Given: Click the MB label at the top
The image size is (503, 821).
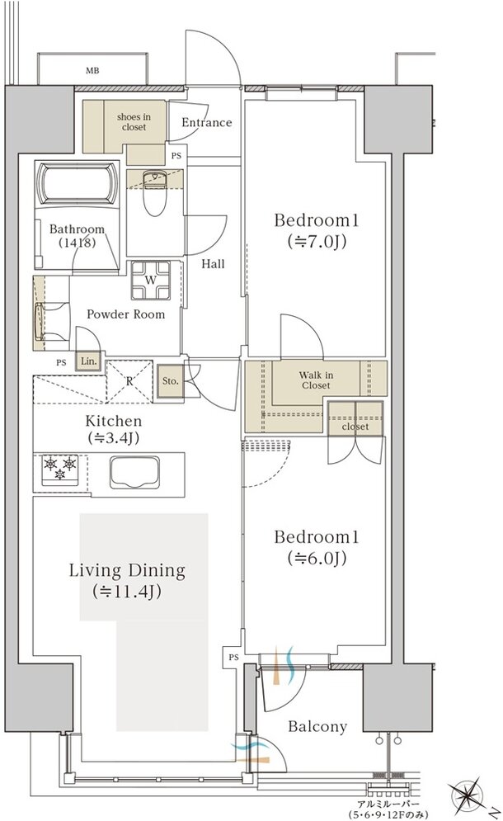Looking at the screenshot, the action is point(92,71).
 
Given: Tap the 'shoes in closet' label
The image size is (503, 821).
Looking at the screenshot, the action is point(134,122).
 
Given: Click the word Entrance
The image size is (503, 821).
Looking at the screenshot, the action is point(207,122).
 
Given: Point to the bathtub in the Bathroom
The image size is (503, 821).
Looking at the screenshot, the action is point(78,184).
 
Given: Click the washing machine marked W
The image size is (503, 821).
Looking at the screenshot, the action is point(150,280).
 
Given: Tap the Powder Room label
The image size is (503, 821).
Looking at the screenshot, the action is point(125,314).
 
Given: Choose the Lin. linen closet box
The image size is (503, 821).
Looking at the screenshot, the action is point(88,361).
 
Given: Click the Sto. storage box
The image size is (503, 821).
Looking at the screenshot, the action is point(170,381).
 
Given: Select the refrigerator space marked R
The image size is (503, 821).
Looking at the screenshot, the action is point(129,381).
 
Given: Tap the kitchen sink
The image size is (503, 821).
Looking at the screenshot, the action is point(134,472).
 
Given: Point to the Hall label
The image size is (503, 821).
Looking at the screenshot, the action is point(213,264).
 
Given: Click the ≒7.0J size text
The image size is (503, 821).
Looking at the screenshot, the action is point(316,242).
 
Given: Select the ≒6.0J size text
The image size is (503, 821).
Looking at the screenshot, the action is point(316,559).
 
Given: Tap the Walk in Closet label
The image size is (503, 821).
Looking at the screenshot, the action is point(316,380).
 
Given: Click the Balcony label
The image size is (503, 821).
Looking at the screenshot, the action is point(317,727).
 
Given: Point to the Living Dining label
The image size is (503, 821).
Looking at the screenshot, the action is point(127,570).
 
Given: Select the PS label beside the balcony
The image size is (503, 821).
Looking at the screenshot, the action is point(233,657).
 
